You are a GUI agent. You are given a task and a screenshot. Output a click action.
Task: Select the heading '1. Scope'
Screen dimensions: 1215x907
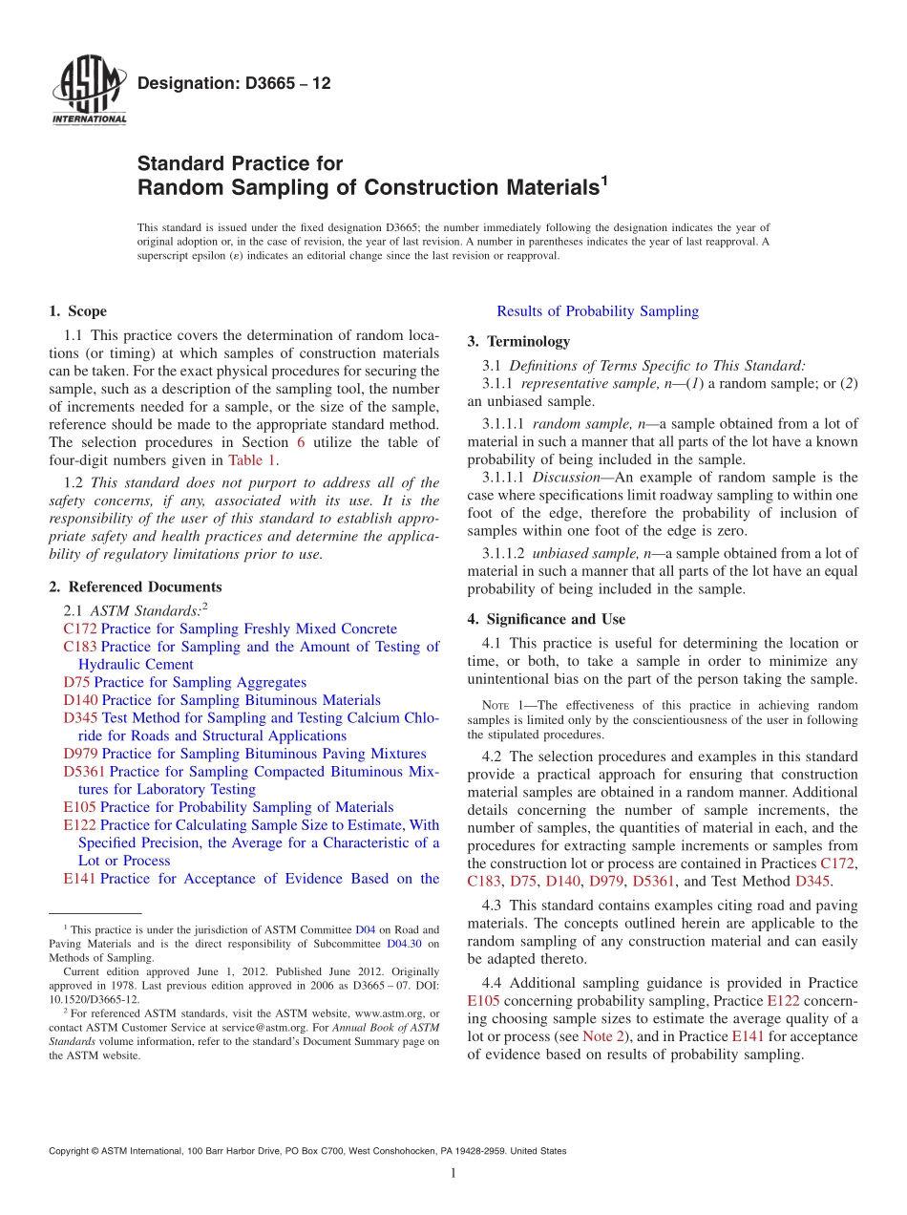77,311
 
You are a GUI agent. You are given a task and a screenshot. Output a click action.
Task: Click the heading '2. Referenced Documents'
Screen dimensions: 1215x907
135,587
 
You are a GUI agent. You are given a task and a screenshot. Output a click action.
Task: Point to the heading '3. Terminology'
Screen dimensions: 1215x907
518,342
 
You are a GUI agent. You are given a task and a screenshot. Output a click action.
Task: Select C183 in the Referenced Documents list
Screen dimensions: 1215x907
80,647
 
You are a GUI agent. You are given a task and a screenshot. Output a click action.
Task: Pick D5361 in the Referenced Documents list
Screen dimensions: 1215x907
84,772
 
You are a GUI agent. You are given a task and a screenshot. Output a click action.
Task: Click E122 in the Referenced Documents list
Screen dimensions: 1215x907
79,825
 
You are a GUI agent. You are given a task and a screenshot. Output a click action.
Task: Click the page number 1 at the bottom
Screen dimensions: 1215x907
453,1174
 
